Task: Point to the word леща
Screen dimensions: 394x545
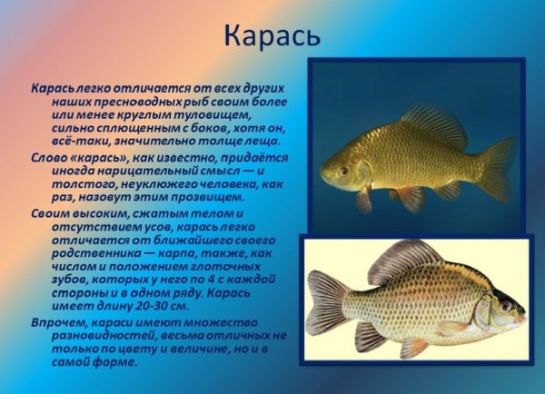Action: click(268, 142)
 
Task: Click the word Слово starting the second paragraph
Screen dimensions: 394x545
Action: click(46, 158)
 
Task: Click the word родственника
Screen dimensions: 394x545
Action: click(94, 252)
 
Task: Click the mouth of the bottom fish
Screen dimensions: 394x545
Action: click(524, 320)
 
